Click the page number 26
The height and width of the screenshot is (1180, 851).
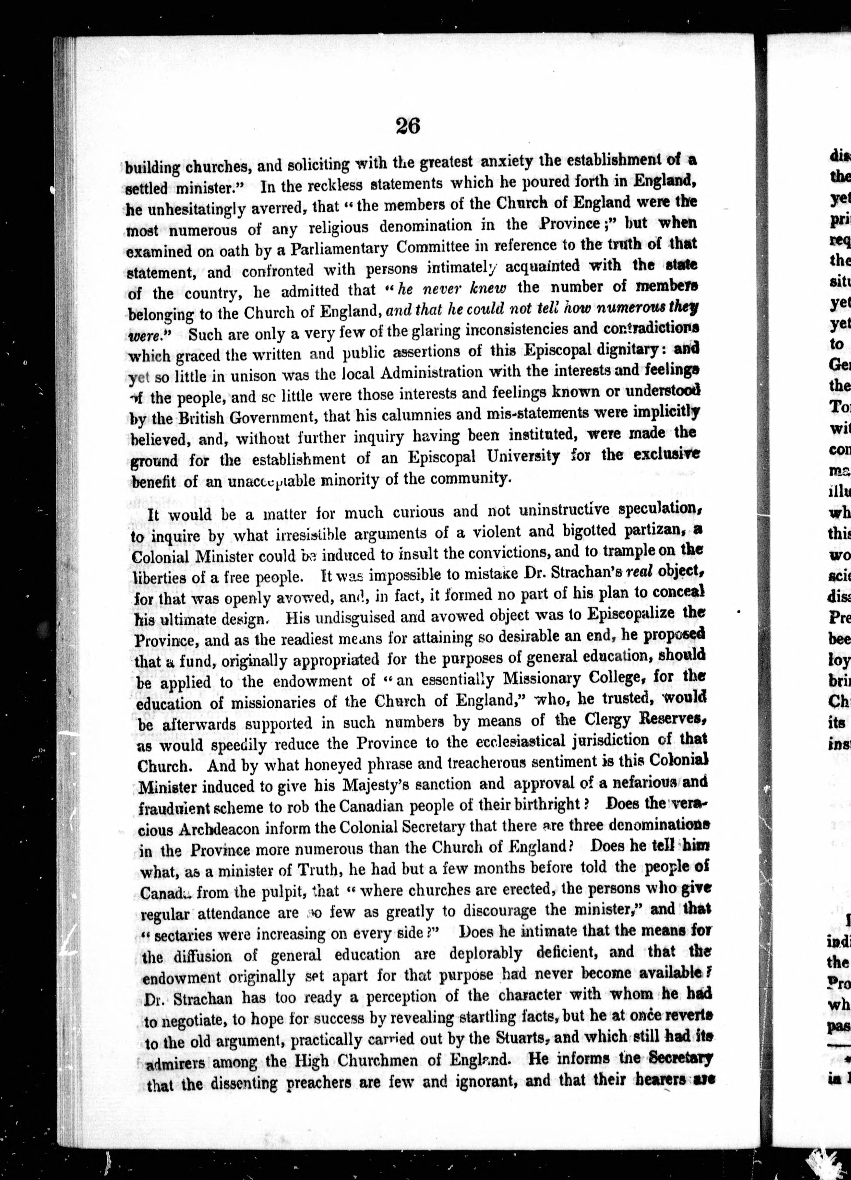[408, 126]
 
